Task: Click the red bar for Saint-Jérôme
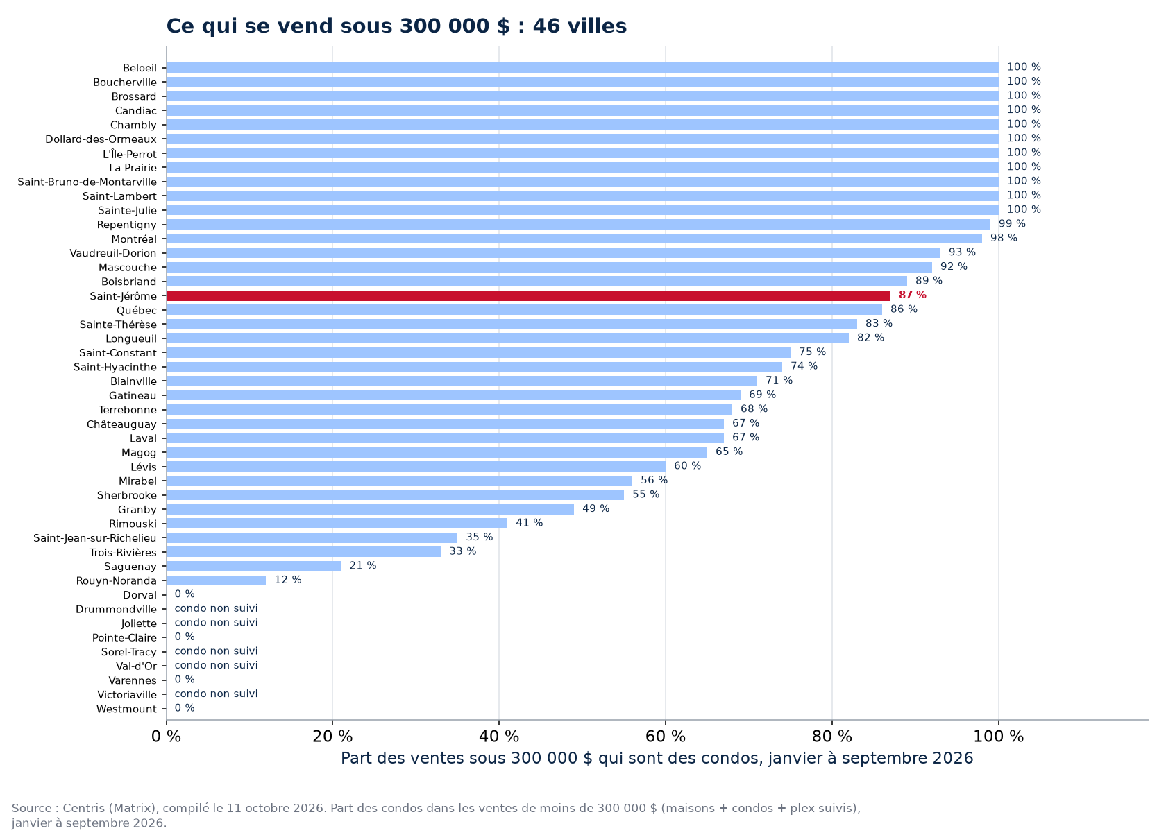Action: click(x=528, y=296)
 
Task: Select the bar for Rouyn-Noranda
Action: click(x=217, y=580)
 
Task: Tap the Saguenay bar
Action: click(x=254, y=567)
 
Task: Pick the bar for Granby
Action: click(x=371, y=509)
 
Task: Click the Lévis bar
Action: click(x=416, y=467)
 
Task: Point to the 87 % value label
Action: click(x=913, y=295)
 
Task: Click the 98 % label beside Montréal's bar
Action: click(x=1004, y=238)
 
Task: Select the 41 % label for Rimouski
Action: click(x=530, y=523)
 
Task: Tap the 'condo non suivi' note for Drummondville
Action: click(x=216, y=608)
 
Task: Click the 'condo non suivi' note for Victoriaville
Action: click(x=216, y=694)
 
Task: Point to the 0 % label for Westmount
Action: click(x=185, y=707)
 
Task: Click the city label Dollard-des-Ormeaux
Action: click(x=101, y=139)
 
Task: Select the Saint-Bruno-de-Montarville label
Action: click(x=87, y=182)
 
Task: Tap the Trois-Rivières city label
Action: click(x=123, y=553)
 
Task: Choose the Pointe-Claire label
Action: click(x=124, y=638)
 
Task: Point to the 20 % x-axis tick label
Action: click(x=332, y=737)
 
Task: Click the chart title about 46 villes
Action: click(x=397, y=26)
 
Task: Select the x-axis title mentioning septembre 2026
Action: click(x=657, y=759)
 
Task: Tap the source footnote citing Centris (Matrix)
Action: click(x=436, y=815)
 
